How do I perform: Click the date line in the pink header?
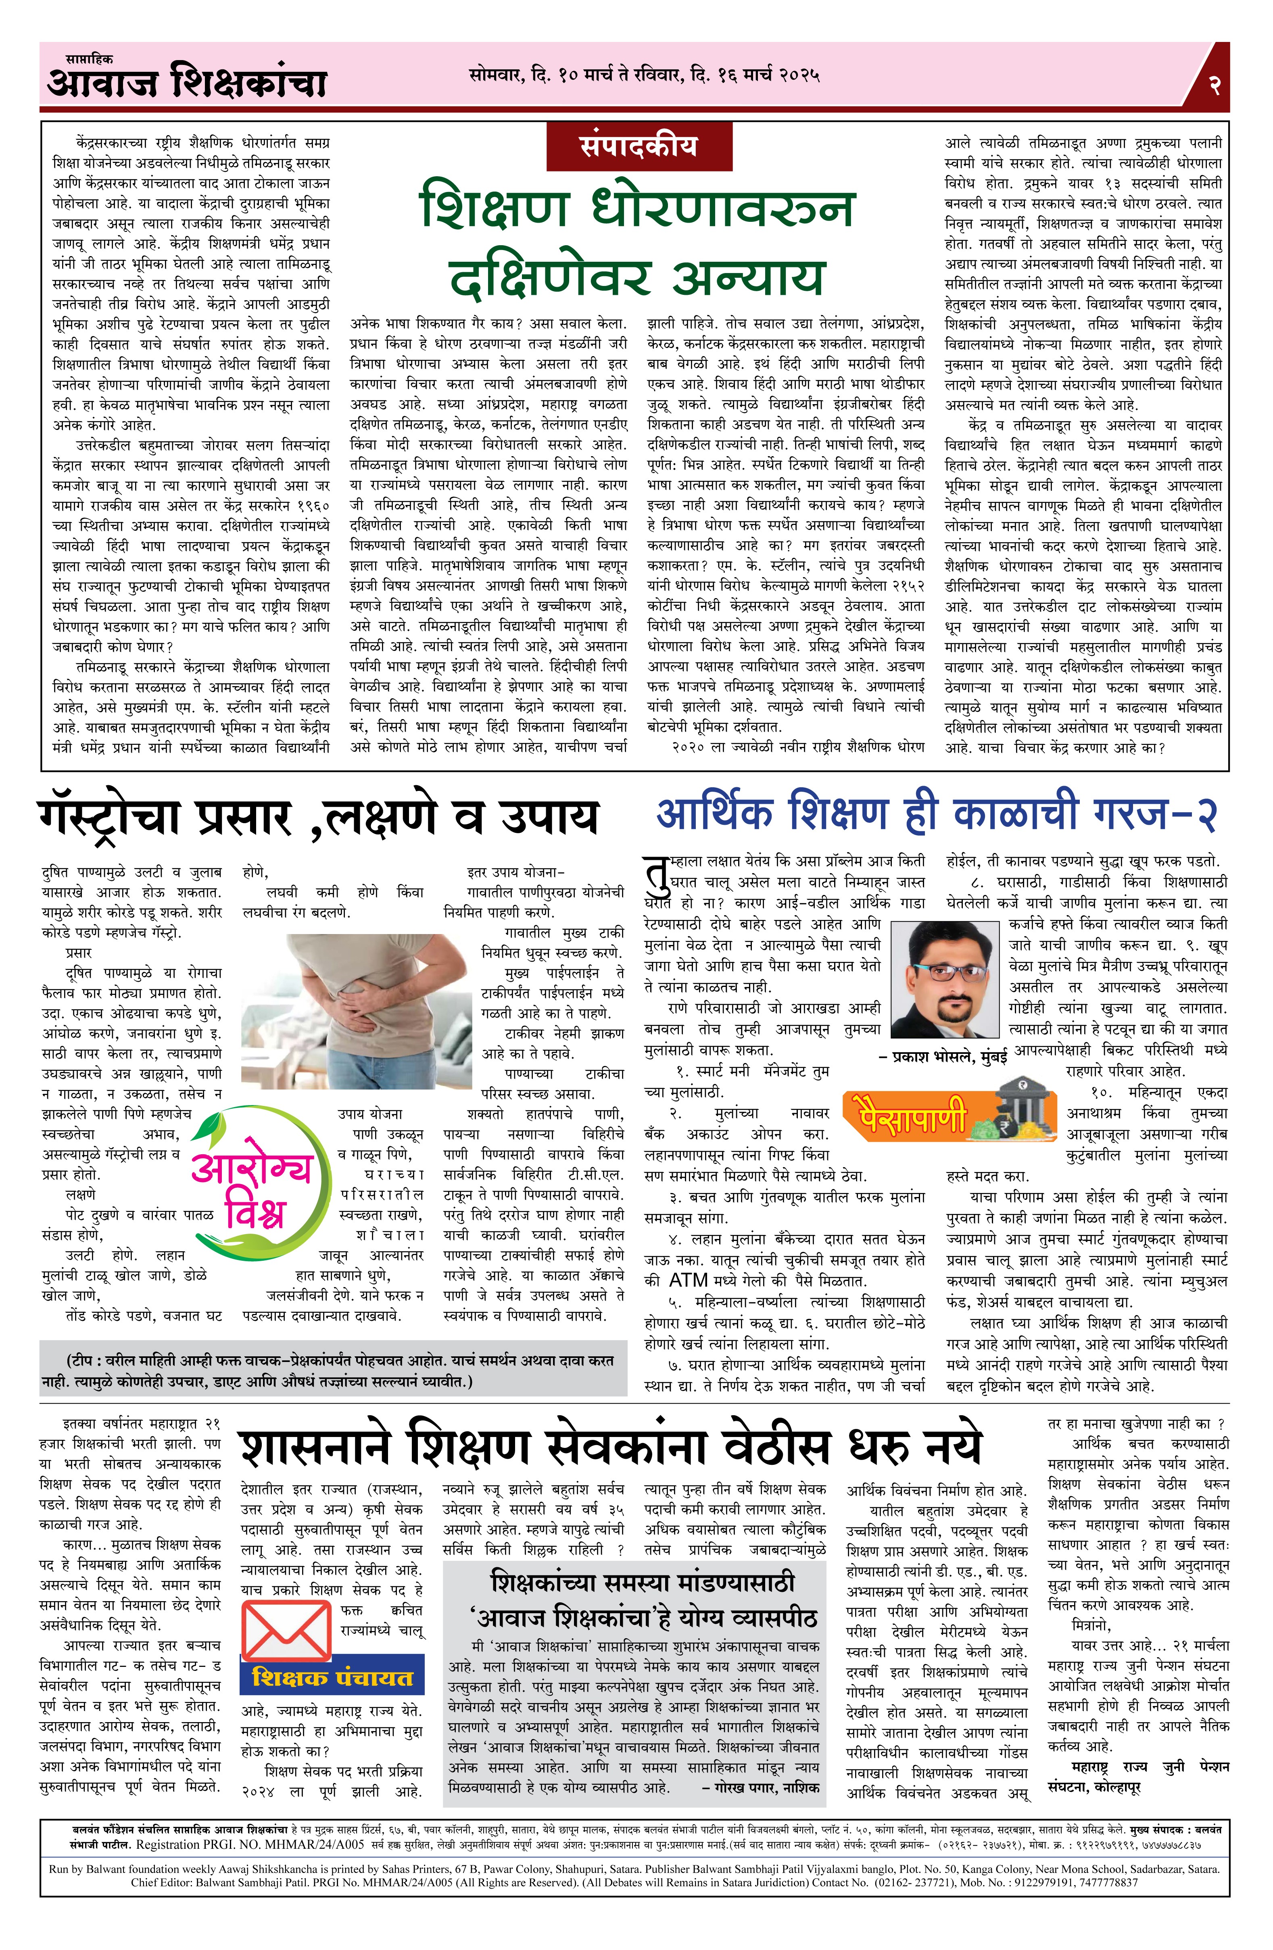[x=644, y=76]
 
